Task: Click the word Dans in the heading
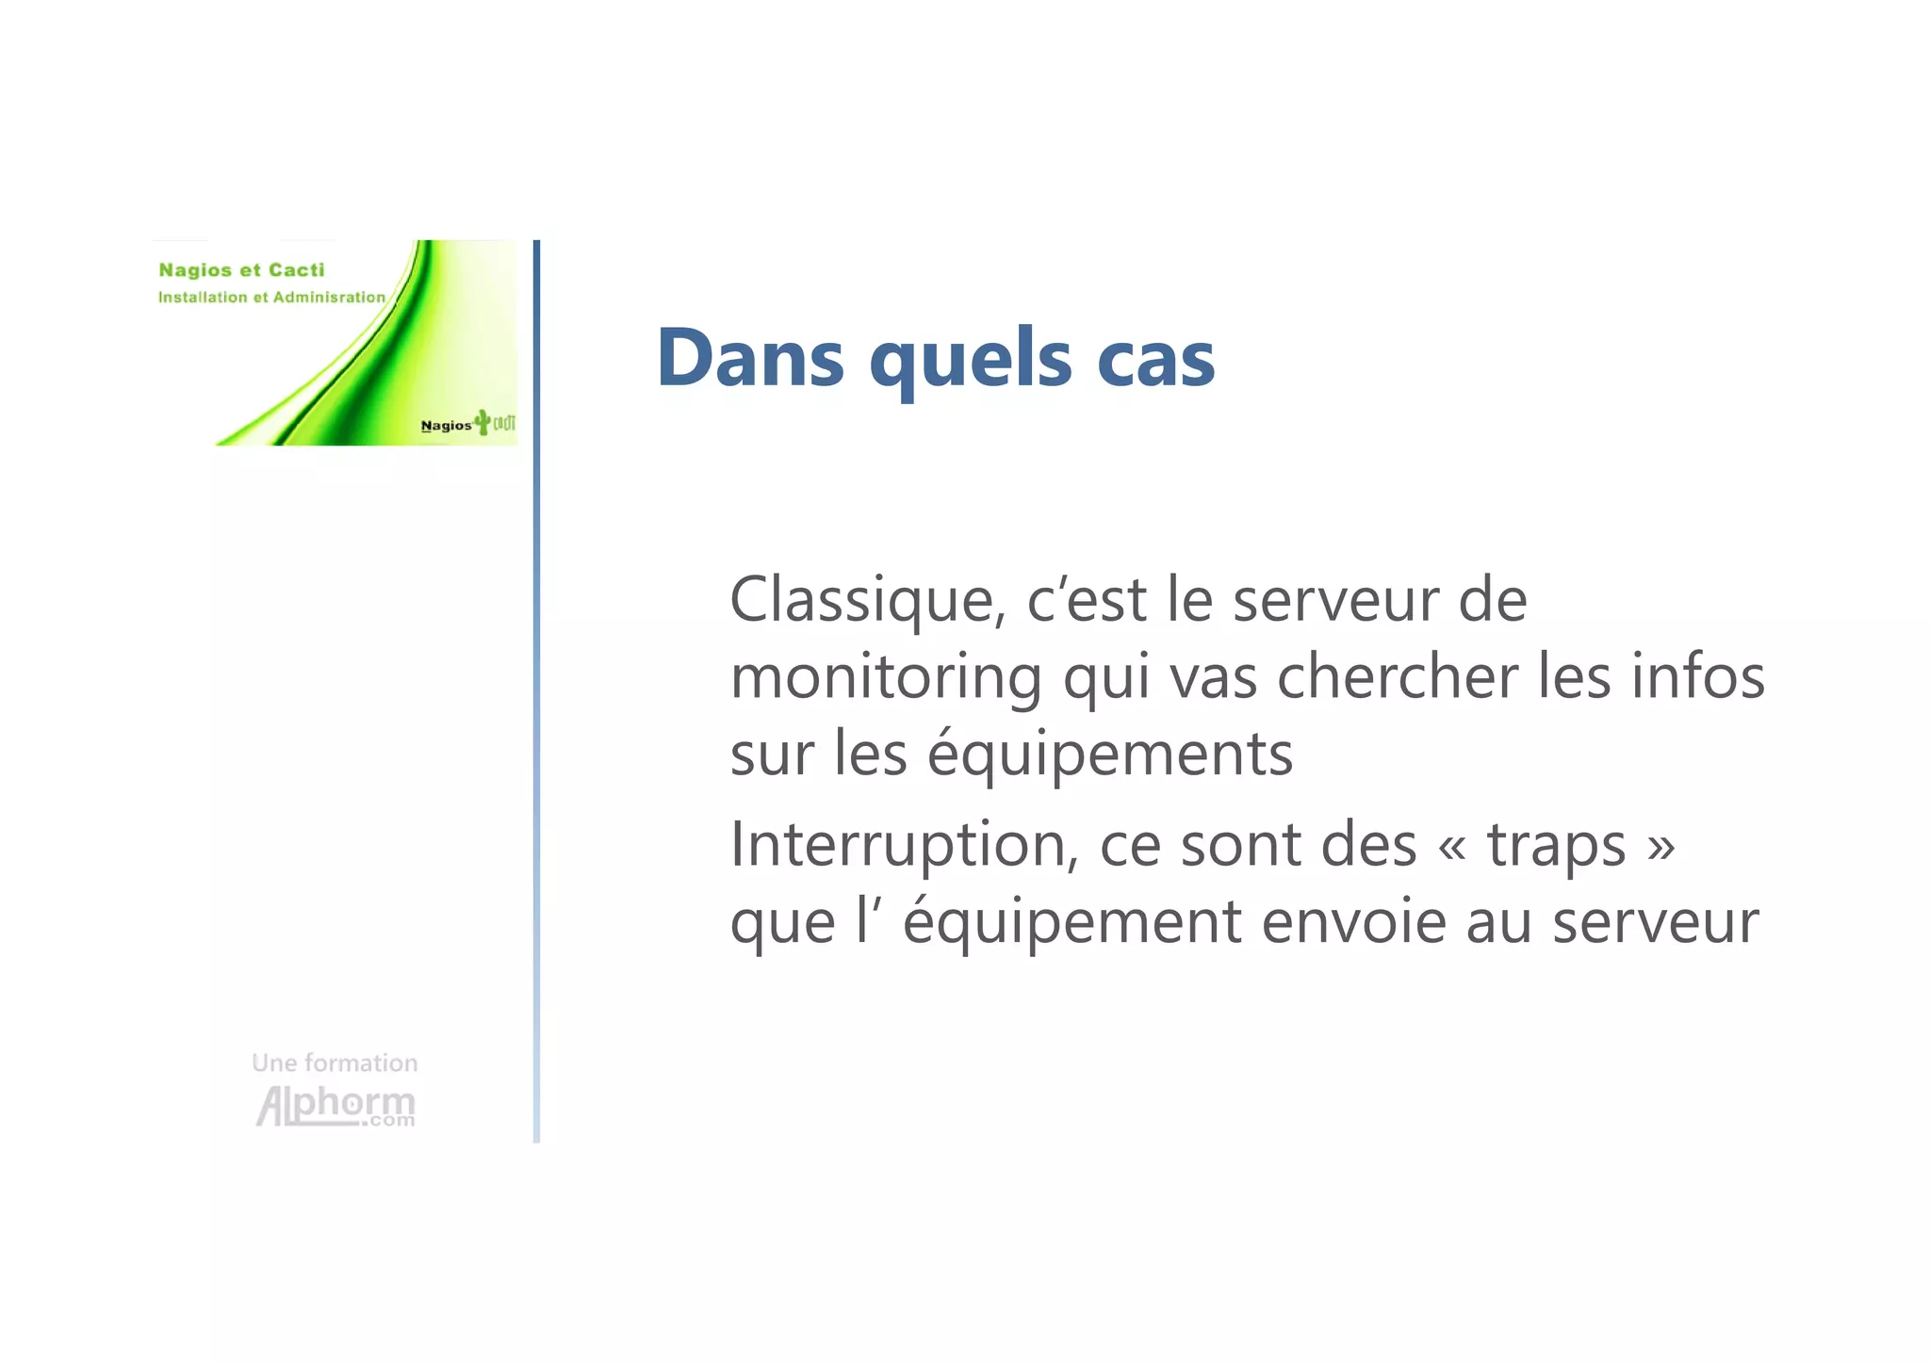tap(750, 358)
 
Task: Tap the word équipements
tap(1110, 755)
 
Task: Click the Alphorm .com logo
tap(335, 1106)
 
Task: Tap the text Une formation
tap(335, 1063)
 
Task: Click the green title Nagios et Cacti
tap(241, 270)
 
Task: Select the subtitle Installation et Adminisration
tap(271, 298)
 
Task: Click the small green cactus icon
tap(482, 421)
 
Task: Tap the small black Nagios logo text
tap(446, 426)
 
